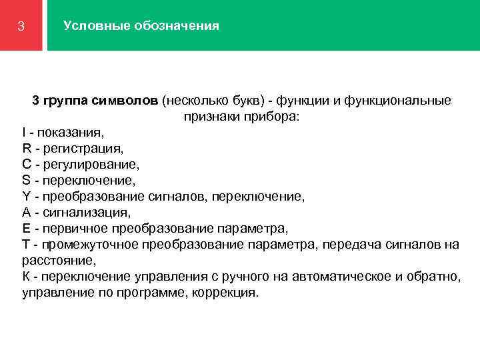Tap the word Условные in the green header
pos(90,26)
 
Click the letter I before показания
pos(24,133)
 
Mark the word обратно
pos(433,277)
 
